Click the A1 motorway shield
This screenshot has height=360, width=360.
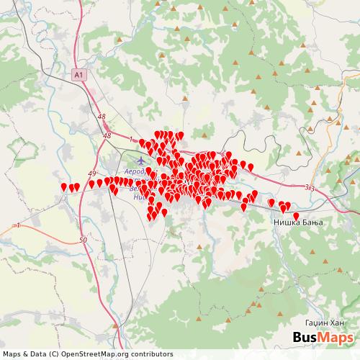pyautogui.click(x=78, y=73)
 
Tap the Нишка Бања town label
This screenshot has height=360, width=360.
pyautogui.click(x=297, y=223)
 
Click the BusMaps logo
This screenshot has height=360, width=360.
pyautogui.click(x=323, y=338)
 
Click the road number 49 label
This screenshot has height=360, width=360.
pyautogui.click(x=92, y=174)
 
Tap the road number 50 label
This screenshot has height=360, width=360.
pyautogui.click(x=84, y=239)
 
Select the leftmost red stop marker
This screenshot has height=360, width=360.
pyautogui.click(x=64, y=186)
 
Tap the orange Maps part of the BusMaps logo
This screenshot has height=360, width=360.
pyautogui.click(x=338, y=338)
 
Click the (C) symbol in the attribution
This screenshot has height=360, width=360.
pyautogui.click(x=60, y=354)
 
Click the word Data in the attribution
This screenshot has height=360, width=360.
pyautogui.click(x=45, y=354)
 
